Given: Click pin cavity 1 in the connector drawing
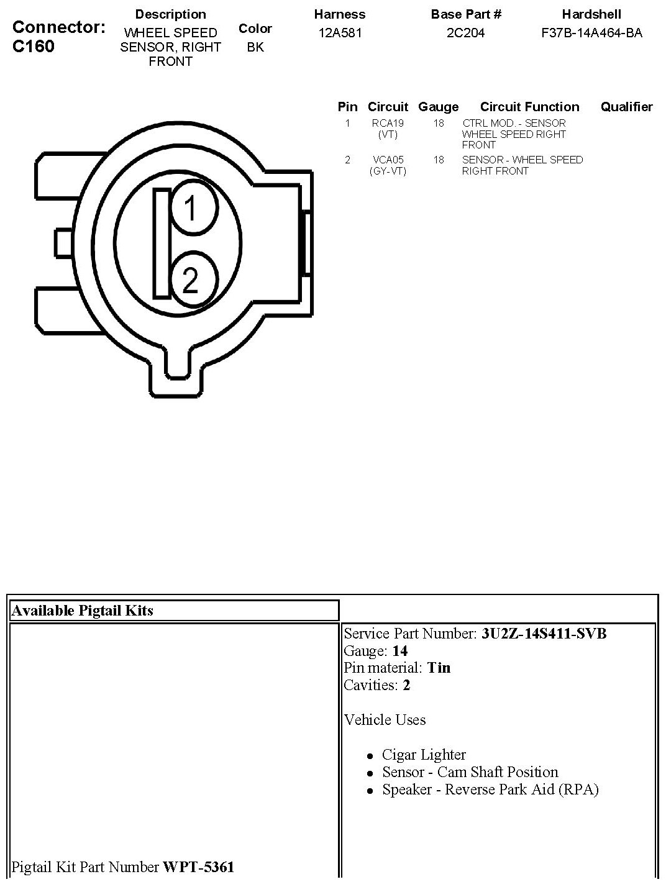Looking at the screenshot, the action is coord(194,207).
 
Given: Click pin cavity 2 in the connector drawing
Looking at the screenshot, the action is coord(194,279).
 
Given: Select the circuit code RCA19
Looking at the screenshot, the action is coord(388,123).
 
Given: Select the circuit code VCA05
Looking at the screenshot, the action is coord(388,160).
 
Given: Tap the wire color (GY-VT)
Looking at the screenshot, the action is coord(388,171).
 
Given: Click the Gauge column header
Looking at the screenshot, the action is coord(439,107).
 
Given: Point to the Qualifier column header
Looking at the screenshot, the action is coord(626,107).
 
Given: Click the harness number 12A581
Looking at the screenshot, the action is coord(340,33).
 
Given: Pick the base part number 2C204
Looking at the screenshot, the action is coord(465,33).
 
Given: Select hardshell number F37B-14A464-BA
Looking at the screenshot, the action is coord(591,33).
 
